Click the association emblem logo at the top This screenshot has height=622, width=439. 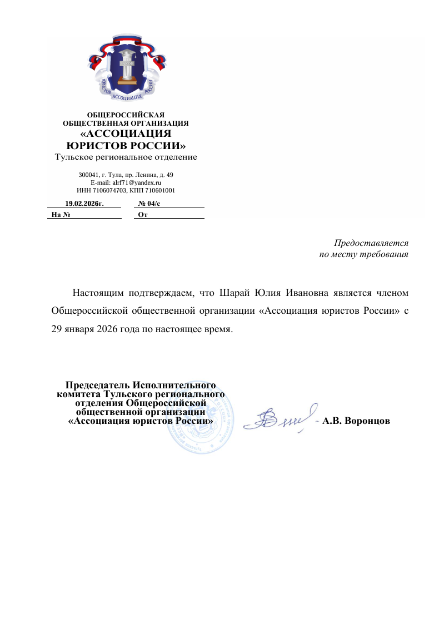click(x=127, y=70)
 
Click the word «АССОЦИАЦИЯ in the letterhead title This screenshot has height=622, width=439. click(x=125, y=134)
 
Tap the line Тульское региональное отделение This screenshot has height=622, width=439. click(x=126, y=157)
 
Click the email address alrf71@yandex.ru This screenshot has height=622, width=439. click(x=137, y=182)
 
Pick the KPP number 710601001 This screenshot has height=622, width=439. click(x=160, y=190)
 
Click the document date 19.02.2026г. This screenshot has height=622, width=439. click(x=84, y=204)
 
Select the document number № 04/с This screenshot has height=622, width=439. click(x=149, y=204)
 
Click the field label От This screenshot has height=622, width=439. click(x=142, y=215)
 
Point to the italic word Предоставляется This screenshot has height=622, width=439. click(x=371, y=243)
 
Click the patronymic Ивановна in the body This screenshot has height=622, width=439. click(x=307, y=293)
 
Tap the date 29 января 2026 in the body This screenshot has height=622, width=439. click(x=82, y=328)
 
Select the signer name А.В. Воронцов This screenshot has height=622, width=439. click(x=356, y=421)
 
